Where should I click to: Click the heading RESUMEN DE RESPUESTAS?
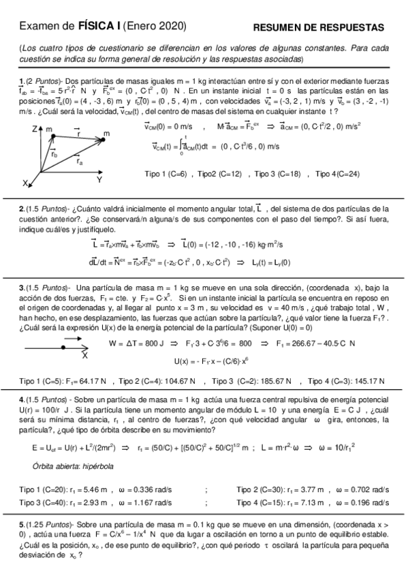coord(318,27)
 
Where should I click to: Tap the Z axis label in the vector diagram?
coord(34,127)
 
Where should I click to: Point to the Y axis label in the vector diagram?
coord(99,180)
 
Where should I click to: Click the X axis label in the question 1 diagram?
coord(26,183)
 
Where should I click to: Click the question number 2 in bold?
coord(21,209)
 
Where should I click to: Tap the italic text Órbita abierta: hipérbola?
coord(73,466)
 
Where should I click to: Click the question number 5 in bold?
coord(21,525)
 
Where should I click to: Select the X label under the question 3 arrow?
coord(84,354)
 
